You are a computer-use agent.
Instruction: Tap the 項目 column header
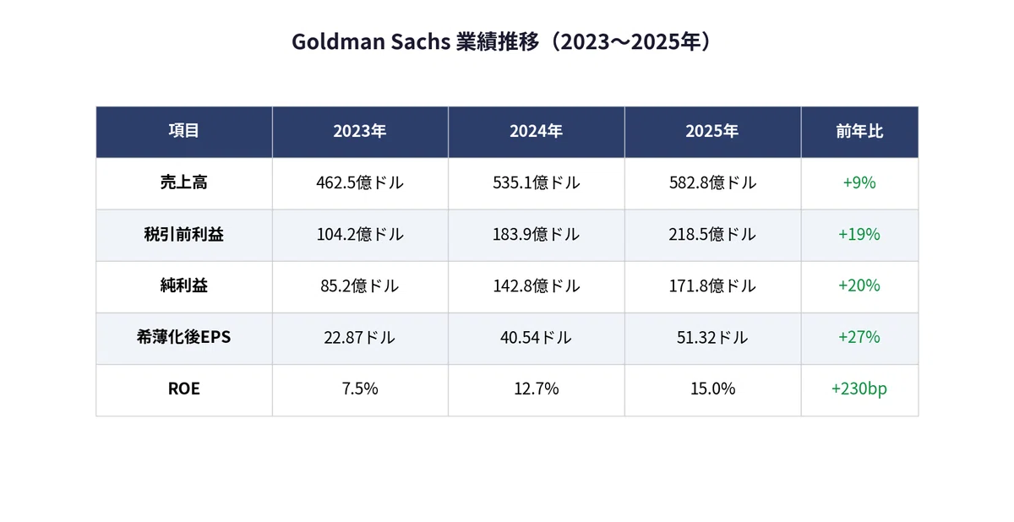coord(184,131)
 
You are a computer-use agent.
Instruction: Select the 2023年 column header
coord(360,131)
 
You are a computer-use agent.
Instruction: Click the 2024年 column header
coord(536,131)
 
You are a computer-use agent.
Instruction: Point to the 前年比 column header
coord(859,131)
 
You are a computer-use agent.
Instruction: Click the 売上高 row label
coord(184,182)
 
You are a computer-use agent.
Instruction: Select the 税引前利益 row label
coord(184,234)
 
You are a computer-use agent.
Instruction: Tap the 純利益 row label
coord(184,285)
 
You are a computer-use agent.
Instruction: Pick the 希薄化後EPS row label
coord(184,337)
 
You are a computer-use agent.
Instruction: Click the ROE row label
coord(184,389)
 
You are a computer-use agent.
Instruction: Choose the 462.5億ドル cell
coord(360,182)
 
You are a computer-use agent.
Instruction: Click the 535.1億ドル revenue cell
coord(536,182)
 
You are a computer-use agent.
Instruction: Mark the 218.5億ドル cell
coord(712,234)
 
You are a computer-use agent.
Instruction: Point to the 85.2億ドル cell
coord(360,285)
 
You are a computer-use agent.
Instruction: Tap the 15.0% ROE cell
coord(712,389)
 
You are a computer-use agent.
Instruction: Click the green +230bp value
coord(859,389)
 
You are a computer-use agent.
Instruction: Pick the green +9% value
coord(859,182)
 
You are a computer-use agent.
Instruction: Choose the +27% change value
coord(859,337)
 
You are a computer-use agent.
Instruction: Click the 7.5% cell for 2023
coord(360,389)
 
